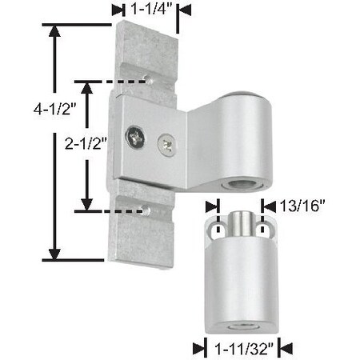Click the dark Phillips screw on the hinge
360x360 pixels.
tap(138, 135)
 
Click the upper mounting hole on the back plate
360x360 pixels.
tap(150, 79)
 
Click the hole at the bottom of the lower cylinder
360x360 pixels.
tap(238, 328)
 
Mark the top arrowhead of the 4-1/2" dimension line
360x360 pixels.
tap(55, 30)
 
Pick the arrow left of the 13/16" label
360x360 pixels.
tap(210, 206)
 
